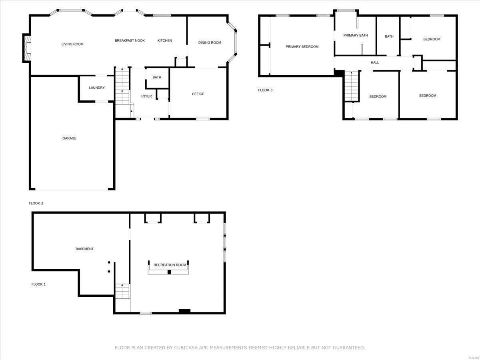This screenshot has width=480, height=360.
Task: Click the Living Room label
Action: click(72, 44)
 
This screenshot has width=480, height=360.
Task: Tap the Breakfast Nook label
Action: click(130, 40)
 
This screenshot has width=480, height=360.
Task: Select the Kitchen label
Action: click(164, 40)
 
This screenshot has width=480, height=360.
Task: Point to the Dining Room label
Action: click(210, 43)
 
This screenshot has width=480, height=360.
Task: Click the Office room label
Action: click(198, 94)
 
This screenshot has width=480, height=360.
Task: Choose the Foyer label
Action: click(146, 96)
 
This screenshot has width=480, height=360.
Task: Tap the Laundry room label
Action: click(97, 88)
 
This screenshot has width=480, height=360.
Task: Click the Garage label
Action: click(69, 138)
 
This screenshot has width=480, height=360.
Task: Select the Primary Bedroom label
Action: click(302, 47)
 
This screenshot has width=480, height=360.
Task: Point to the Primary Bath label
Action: click(355, 35)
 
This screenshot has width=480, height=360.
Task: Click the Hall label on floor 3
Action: click(375, 62)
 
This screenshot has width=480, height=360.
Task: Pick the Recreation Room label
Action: click(170, 265)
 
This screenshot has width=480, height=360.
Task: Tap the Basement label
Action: click(84, 249)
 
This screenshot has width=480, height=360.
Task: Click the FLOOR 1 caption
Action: click(38, 284)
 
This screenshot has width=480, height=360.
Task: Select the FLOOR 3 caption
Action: click(265, 90)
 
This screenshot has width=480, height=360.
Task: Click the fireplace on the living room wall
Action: click(27, 48)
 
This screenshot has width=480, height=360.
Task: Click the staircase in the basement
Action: click(122, 291)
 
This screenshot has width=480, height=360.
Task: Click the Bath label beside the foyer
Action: click(157, 77)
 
